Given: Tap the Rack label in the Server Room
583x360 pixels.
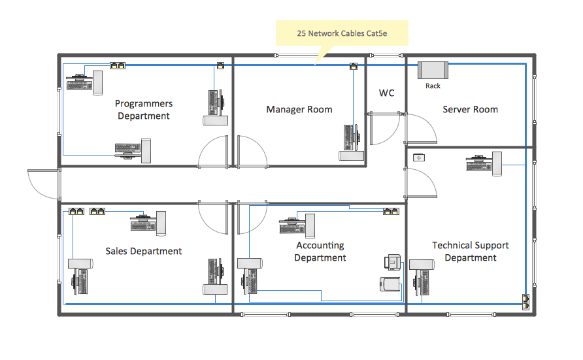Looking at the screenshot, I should [433, 86].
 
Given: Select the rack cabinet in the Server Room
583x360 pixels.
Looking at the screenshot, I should [433, 69].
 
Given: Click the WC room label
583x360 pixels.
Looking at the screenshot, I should [387, 93].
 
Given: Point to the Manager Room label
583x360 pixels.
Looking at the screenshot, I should [299, 109].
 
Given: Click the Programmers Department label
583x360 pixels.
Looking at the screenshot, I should [144, 110].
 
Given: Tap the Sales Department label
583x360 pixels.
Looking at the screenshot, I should [144, 251].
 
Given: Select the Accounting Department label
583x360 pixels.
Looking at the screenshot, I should [320, 252].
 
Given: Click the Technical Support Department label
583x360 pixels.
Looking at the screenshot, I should [471, 252].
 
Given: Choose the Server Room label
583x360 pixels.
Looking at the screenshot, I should [471, 109].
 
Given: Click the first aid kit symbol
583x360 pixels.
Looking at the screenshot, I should [418, 157].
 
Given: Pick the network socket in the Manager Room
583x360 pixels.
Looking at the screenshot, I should [354, 66].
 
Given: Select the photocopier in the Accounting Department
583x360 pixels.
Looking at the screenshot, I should [390, 285].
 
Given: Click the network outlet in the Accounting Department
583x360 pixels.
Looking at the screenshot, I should [391, 211].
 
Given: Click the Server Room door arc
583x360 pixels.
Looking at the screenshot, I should [422, 128].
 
